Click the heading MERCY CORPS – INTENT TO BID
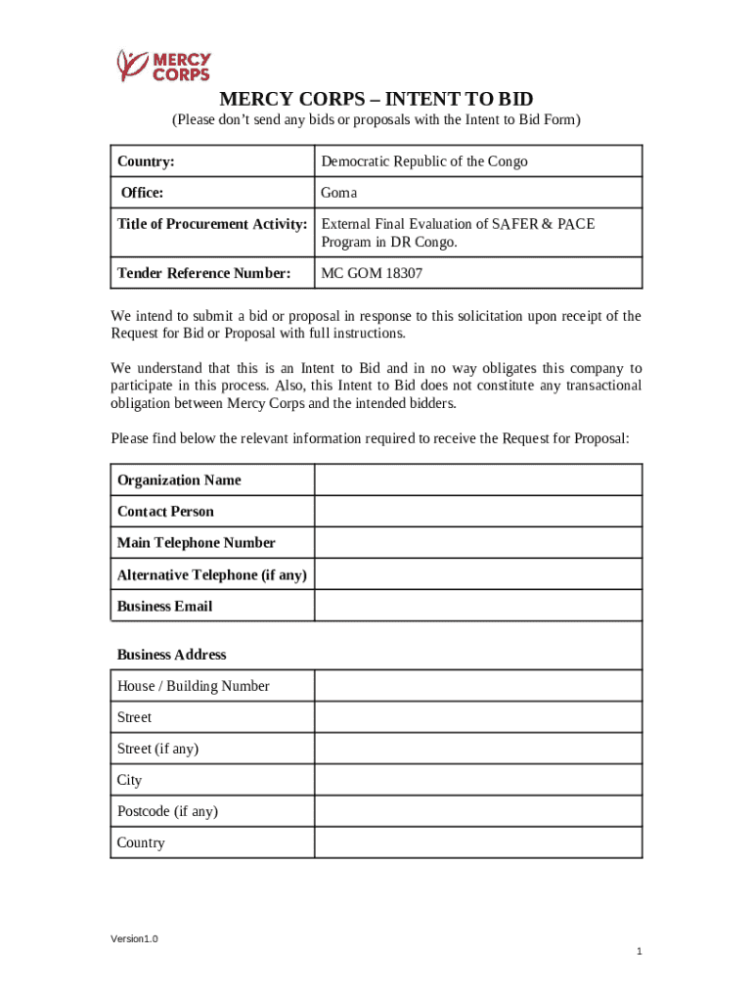[x=376, y=99]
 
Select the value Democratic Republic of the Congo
[x=424, y=161]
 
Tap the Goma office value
[x=339, y=193]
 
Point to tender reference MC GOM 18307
[x=372, y=273]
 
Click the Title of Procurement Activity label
[x=212, y=224]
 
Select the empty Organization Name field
[x=477, y=480]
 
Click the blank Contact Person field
[x=477, y=512]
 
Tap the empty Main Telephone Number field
[x=477, y=543]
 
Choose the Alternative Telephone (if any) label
[x=212, y=574]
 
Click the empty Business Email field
[x=477, y=606]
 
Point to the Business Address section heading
[x=172, y=655]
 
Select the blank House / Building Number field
[x=477, y=686]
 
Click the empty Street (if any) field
[x=477, y=749]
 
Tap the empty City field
[x=477, y=780]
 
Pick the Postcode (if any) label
[x=167, y=811]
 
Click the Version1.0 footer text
[x=134, y=939]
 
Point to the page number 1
[x=638, y=952]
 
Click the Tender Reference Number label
[x=204, y=273]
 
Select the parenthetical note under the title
[x=376, y=120]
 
